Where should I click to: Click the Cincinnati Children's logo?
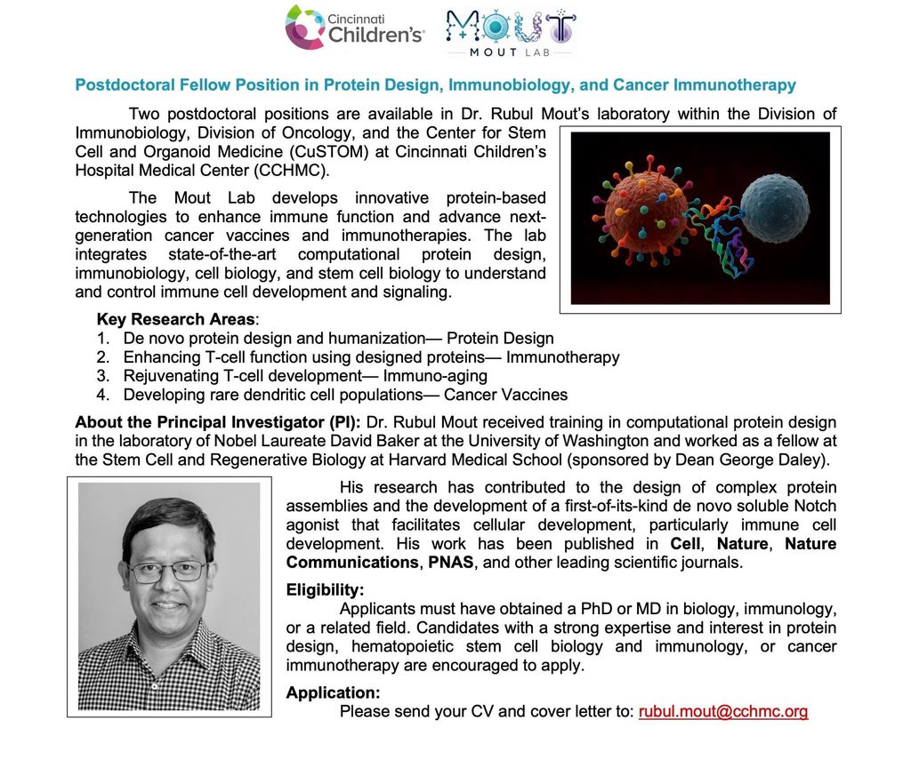(354, 28)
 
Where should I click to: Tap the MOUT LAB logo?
(511, 33)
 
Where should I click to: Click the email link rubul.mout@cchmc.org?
(723, 711)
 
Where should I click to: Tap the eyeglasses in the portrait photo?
(168, 571)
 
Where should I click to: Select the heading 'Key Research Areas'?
(175, 319)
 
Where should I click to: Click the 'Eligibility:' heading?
(325, 590)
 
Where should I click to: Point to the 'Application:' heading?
(333, 692)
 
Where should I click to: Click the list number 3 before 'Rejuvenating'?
(103, 376)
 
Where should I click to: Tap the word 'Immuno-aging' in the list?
(435, 376)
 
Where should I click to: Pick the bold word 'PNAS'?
(451, 563)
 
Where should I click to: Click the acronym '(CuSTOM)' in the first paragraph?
(335, 151)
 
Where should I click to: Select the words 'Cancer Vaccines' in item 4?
(505, 395)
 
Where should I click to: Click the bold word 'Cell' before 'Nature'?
(685, 544)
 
